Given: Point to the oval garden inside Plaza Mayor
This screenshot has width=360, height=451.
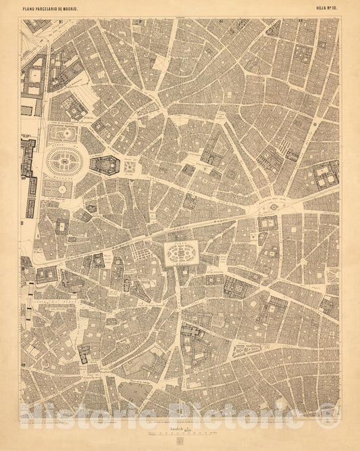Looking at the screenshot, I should point(181,254).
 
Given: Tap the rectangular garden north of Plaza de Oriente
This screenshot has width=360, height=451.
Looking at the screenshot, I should point(65,133).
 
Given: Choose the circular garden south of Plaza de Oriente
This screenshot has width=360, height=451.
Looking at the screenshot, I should point(61,190).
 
